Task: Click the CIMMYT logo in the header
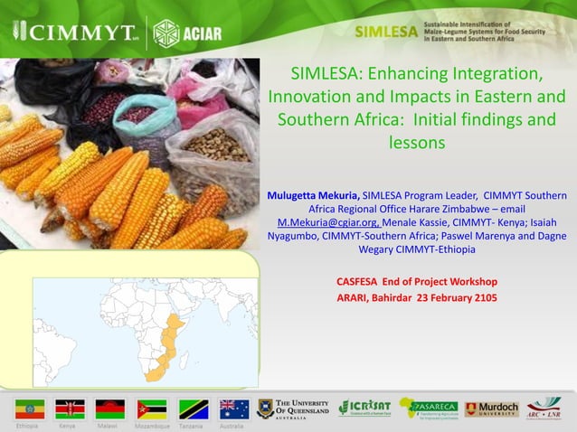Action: [73, 33]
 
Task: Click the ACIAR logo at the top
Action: [188, 33]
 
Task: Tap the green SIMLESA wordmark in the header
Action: [385, 32]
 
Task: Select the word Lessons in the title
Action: [417, 143]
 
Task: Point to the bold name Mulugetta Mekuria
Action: [313, 195]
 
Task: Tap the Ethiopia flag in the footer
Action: [29, 409]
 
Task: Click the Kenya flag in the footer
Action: [70, 409]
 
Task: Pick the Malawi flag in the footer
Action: [110, 409]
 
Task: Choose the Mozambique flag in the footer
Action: [151, 409]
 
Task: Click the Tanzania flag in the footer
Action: [193, 409]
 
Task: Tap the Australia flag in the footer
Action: [234, 409]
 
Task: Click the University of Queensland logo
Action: [293, 409]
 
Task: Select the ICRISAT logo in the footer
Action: [364, 409]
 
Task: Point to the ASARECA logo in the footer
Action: [429, 409]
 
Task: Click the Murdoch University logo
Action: [492, 409]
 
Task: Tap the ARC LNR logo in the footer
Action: [544, 409]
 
